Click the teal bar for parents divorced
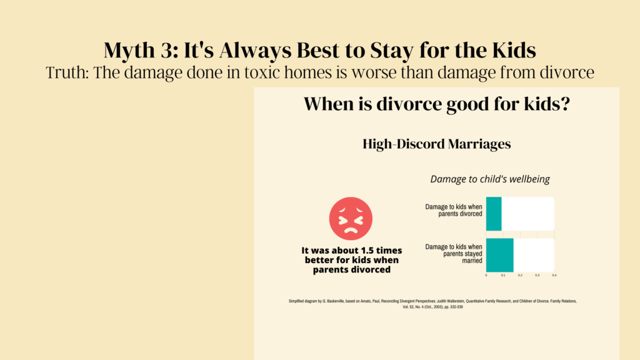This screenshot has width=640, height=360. (494, 214)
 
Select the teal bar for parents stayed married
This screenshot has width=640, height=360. (499, 255)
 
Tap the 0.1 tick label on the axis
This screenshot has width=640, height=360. (503, 276)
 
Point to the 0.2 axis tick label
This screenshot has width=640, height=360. (521, 276)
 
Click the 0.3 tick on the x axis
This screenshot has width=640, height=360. (537, 276)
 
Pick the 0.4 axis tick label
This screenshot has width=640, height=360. (554, 276)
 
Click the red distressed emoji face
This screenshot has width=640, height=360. (351, 218)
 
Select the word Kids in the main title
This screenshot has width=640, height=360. (514, 50)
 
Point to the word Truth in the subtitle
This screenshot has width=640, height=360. (67, 72)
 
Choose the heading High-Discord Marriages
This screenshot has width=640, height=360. (437, 144)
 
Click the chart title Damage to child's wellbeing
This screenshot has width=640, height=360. (490, 179)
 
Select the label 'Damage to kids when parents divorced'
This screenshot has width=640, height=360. (454, 210)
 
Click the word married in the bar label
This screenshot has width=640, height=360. (472, 261)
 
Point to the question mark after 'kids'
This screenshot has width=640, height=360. (565, 104)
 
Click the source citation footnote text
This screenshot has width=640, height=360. (432, 304)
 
